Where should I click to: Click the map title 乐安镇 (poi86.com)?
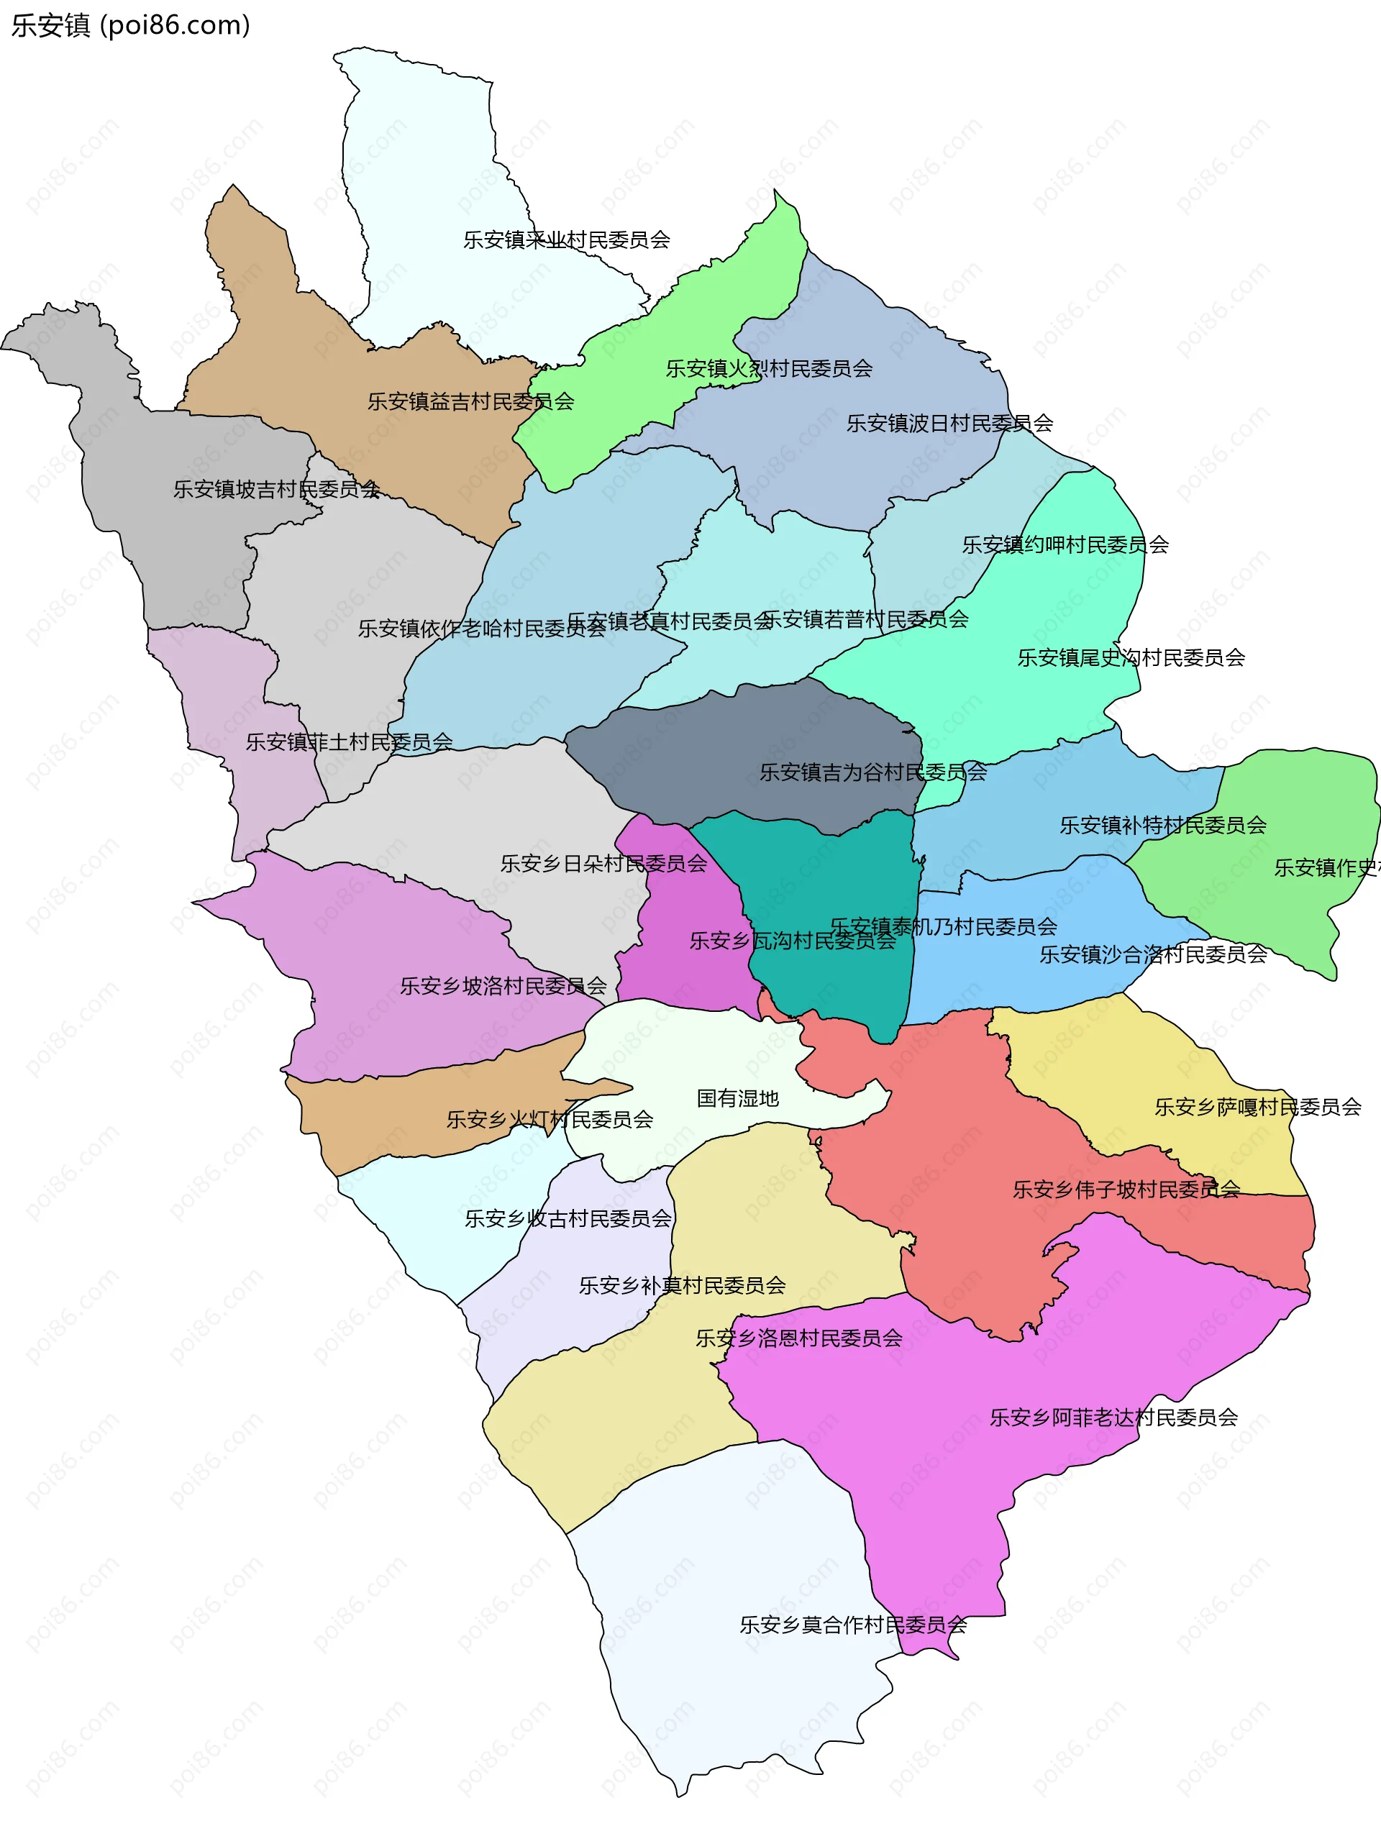pyautogui.click(x=130, y=26)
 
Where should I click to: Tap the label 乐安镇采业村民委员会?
pyautogui.click(x=566, y=240)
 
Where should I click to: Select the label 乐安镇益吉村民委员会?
pyautogui.click(x=471, y=402)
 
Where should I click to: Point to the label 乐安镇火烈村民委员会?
pyautogui.click(x=769, y=368)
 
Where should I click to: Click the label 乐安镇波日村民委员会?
pyautogui.click(x=950, y=424)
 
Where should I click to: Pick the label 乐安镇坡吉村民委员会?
pyautogui.click(x=276, y=489)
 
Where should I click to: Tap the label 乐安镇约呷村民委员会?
pyautogui.click(x=1065, y=545)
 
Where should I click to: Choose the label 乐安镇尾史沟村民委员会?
pyautogui.click(x=1131, y=658)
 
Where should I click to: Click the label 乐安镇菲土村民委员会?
pyautogui.click(x=349, y=742)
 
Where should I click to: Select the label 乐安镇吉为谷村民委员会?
pyautogui.click(x=872, y=773)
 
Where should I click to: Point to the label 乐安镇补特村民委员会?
pyautogui.click(x=1162, y=826)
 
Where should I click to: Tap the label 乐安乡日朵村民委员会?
pyautogui.click(x=603, y=864)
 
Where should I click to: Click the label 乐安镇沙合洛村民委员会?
pyautogui.click(x=1152, y=954)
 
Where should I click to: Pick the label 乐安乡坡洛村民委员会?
pyautogui.click(x=503, y=986)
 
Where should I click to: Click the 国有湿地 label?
pyautogui.click(x=737, y=1099)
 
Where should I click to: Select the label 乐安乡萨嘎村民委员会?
pyautogui.click(x=1257, y=1107)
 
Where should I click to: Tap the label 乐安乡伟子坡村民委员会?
pyautogui.click(x=1126, y=1190)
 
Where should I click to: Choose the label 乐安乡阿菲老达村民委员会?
pyautogui.click(x=1113, y=1418)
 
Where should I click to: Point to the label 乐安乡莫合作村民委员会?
pyautogui.click(x=853, y=1625)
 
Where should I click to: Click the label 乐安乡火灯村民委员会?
pyautogui.click(x=550, y=1120)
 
